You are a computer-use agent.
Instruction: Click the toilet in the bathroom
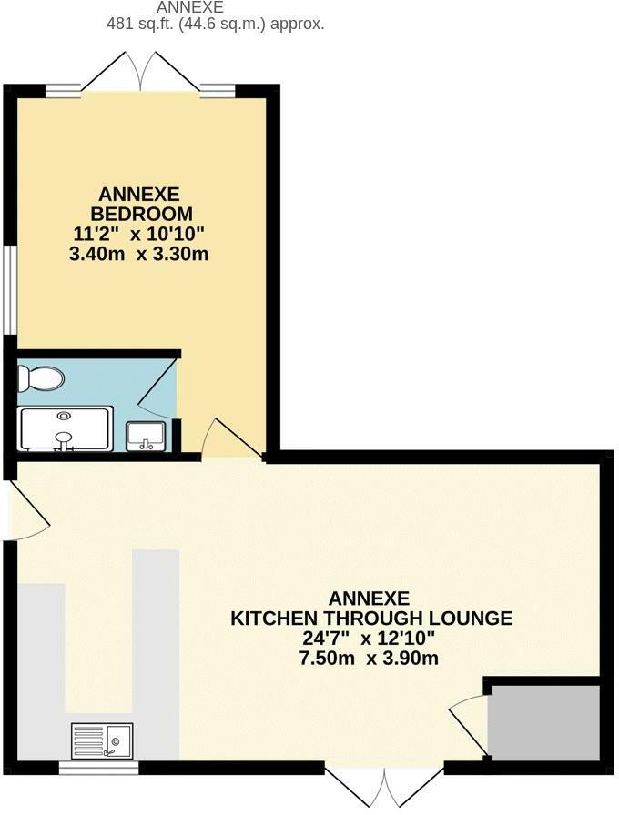[x=42, y=377]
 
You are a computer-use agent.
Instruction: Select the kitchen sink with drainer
[x=101, y=740]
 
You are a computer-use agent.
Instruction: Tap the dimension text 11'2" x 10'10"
[x=138, y=234]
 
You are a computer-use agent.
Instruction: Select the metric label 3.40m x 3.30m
[x=138, y=255]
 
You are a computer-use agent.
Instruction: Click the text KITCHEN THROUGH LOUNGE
[x=370, y=619]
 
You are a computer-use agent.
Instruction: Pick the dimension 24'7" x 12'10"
[x=370, y=639]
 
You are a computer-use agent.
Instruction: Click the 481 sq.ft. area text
[x=215, y=25]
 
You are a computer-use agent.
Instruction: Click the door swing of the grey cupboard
[x=468, y=719]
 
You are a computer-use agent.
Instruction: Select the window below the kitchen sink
[x=98, y=769]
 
